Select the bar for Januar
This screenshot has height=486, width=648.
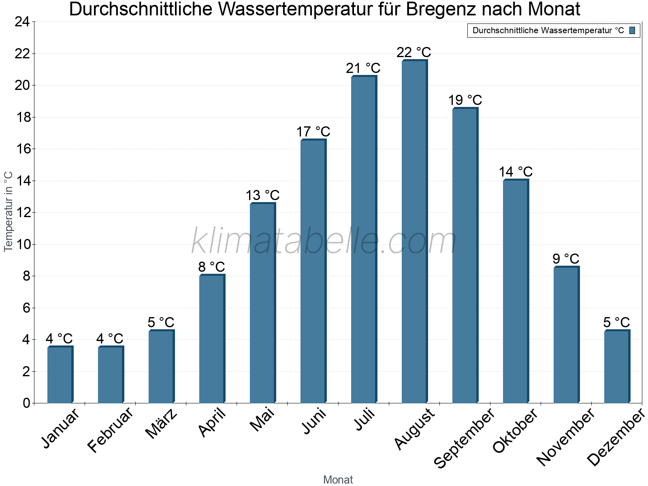point(60,375)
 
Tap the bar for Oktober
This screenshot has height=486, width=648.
point(516,292)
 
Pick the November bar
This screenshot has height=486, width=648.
point(566,335)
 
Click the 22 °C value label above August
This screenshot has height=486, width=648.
point(414,53)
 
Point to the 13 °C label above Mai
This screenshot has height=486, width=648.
point(262,196)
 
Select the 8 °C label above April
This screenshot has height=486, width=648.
point(211,267)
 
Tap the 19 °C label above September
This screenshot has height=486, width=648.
point(465,100)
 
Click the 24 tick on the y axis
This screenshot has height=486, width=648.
point(22,22)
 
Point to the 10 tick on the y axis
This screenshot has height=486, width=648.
point(22,244)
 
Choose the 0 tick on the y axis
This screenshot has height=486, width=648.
point(26,403)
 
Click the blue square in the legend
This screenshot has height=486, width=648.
point(632,30)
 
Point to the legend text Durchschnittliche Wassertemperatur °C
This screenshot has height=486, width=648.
point(548,30)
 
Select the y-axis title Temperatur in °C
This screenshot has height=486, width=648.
point(9,211)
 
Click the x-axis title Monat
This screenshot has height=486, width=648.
point(338,480)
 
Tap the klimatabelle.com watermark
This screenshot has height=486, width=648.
point(324,242)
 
